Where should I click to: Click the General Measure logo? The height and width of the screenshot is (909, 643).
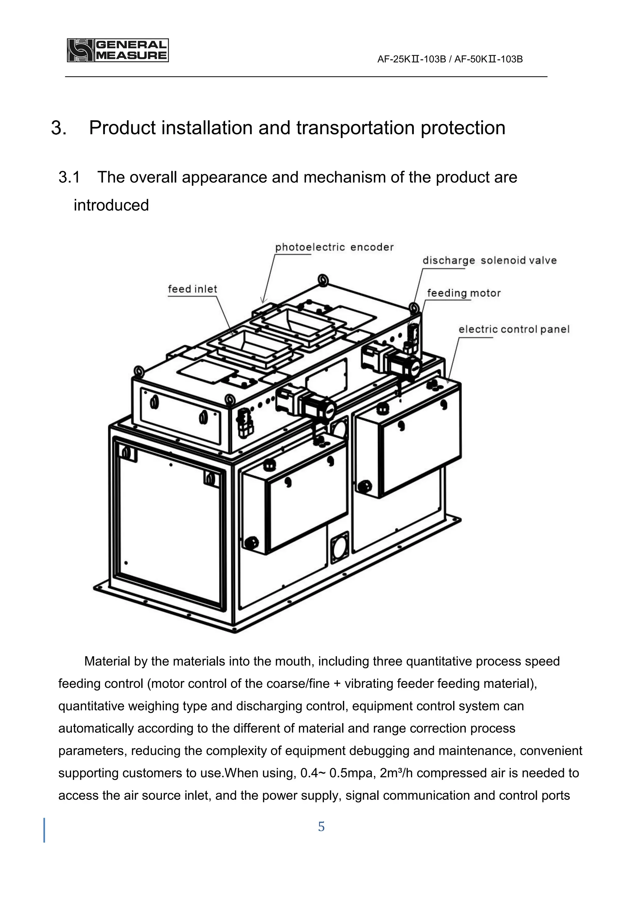(118, 50)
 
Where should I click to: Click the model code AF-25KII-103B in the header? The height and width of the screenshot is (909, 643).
(411, 59)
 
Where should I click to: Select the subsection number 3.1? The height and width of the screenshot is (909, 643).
(69, 177)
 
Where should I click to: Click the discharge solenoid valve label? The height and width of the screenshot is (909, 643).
(489, 261)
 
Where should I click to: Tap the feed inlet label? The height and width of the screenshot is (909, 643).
(192, 289)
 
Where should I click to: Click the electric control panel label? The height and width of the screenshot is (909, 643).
(514, 329)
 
